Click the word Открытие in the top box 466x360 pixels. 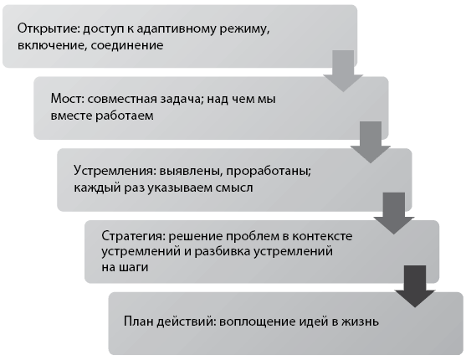click(49, 29)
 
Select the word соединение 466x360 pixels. click(127, 45)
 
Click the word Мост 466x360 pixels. click(67, 99)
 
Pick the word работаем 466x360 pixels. click(124, 116)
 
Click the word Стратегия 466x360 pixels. click(132, 236)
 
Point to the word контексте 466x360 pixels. click(322, 236)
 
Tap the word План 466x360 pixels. click(138, 321)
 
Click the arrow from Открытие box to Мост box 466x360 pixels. click(343, 71)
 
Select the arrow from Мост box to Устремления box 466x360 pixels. click(371, 142)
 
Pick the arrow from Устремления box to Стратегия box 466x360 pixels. click(394, 213)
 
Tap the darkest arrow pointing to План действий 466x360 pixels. click(415, 286)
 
